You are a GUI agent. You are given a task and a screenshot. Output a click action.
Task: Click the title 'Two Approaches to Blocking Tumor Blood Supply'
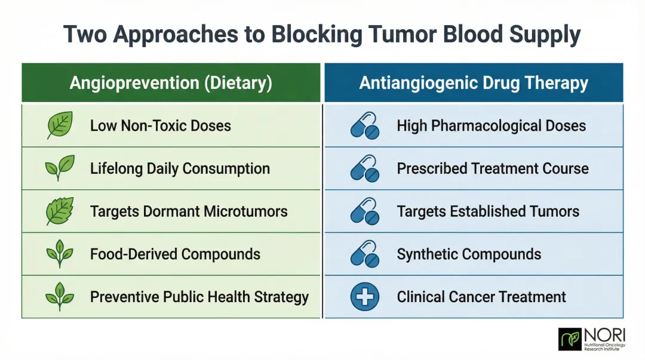pos(322,34)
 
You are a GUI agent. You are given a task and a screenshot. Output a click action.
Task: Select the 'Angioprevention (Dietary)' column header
pos(171,83)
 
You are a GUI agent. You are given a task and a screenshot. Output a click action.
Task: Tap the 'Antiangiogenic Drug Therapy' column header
pos(474,83)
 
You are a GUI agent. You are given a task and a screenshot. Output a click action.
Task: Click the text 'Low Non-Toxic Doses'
pos(160,126)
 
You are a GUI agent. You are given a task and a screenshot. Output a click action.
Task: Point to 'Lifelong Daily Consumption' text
pos(180,169)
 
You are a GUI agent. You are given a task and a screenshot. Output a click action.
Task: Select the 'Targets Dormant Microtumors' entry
pos(189,211)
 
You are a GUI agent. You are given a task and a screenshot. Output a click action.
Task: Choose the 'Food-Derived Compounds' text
pos(175,254)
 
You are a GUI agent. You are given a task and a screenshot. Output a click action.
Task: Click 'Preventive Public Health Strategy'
pos(199,297)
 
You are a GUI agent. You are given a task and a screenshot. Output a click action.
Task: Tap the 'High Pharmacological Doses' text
pos(491,126)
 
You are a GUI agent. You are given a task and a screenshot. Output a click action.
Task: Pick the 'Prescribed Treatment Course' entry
pos(493,169)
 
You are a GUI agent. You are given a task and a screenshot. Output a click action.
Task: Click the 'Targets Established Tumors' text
pos(488,211)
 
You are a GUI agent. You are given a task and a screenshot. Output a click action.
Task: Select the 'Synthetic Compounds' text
pos(469,254)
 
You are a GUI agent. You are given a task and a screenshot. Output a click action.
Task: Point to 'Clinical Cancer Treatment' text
pos(481,297)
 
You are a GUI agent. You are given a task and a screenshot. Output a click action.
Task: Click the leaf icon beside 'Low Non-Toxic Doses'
pos(60,125)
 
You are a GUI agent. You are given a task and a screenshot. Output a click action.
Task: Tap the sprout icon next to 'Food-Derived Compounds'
pos(60,254)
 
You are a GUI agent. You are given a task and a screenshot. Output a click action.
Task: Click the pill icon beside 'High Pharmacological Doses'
pos(365,126)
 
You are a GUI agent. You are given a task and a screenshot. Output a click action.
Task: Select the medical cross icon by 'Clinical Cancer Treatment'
pos(365,297)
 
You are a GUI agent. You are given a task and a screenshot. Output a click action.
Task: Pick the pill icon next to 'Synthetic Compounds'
pos(365,254)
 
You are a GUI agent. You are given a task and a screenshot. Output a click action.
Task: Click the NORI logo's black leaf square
pos(569,339)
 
